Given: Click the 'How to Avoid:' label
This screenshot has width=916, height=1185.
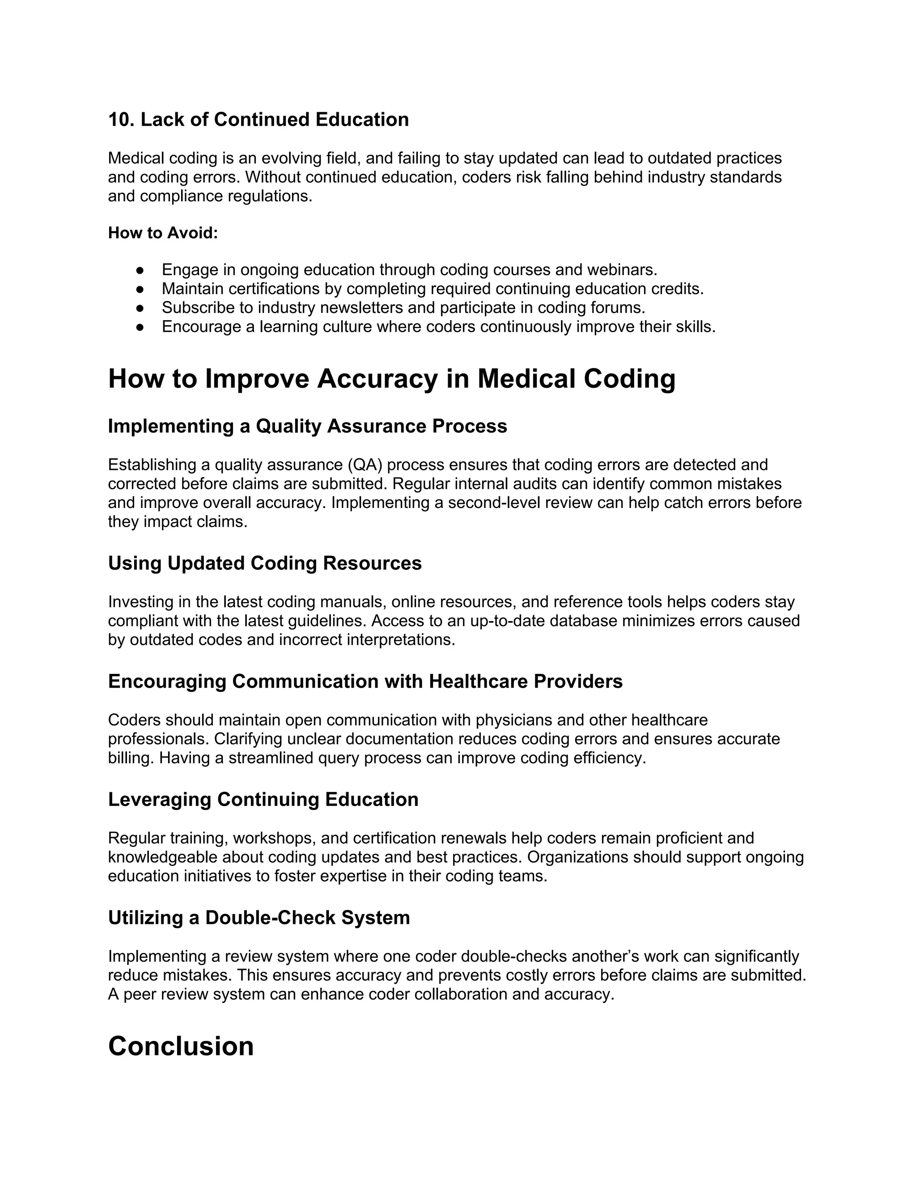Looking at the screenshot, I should click(x=163, y=233).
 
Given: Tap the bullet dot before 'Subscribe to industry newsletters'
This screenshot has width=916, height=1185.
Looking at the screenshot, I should click(x=140, y=308).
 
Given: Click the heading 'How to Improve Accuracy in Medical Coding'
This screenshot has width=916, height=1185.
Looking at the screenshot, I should click(x=392, y=379).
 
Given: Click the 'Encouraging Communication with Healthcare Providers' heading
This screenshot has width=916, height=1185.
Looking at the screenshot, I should click(x=365, y=681).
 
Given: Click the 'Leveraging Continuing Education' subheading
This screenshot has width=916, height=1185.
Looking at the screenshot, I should click(x=263, y=800).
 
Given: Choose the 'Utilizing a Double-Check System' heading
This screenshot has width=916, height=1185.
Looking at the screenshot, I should click(x=259, y=918).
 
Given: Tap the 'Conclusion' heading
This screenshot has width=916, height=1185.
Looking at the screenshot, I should click(x=181, y=1046).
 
